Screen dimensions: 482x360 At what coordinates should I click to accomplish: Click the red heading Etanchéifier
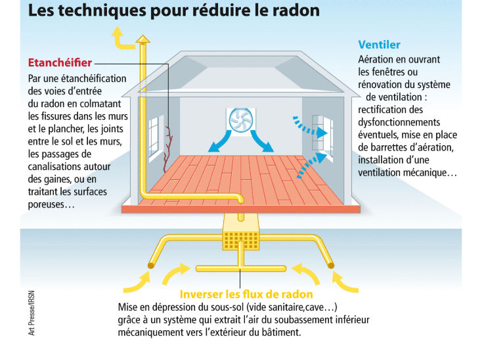60,62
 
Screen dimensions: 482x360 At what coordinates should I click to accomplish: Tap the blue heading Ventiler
379,45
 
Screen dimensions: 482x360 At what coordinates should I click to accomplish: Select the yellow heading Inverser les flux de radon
246,294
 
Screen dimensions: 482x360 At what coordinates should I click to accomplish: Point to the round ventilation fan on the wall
241,120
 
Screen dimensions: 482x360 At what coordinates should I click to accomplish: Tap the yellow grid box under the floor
241,240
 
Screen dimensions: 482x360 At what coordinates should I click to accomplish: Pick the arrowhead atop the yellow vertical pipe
143,39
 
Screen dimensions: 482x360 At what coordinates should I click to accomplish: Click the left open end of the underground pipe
151,265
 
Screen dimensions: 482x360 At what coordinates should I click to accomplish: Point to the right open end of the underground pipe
331,265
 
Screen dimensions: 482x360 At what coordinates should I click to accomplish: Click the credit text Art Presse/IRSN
32,313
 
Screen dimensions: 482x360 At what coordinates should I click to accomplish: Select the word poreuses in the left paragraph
46,205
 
